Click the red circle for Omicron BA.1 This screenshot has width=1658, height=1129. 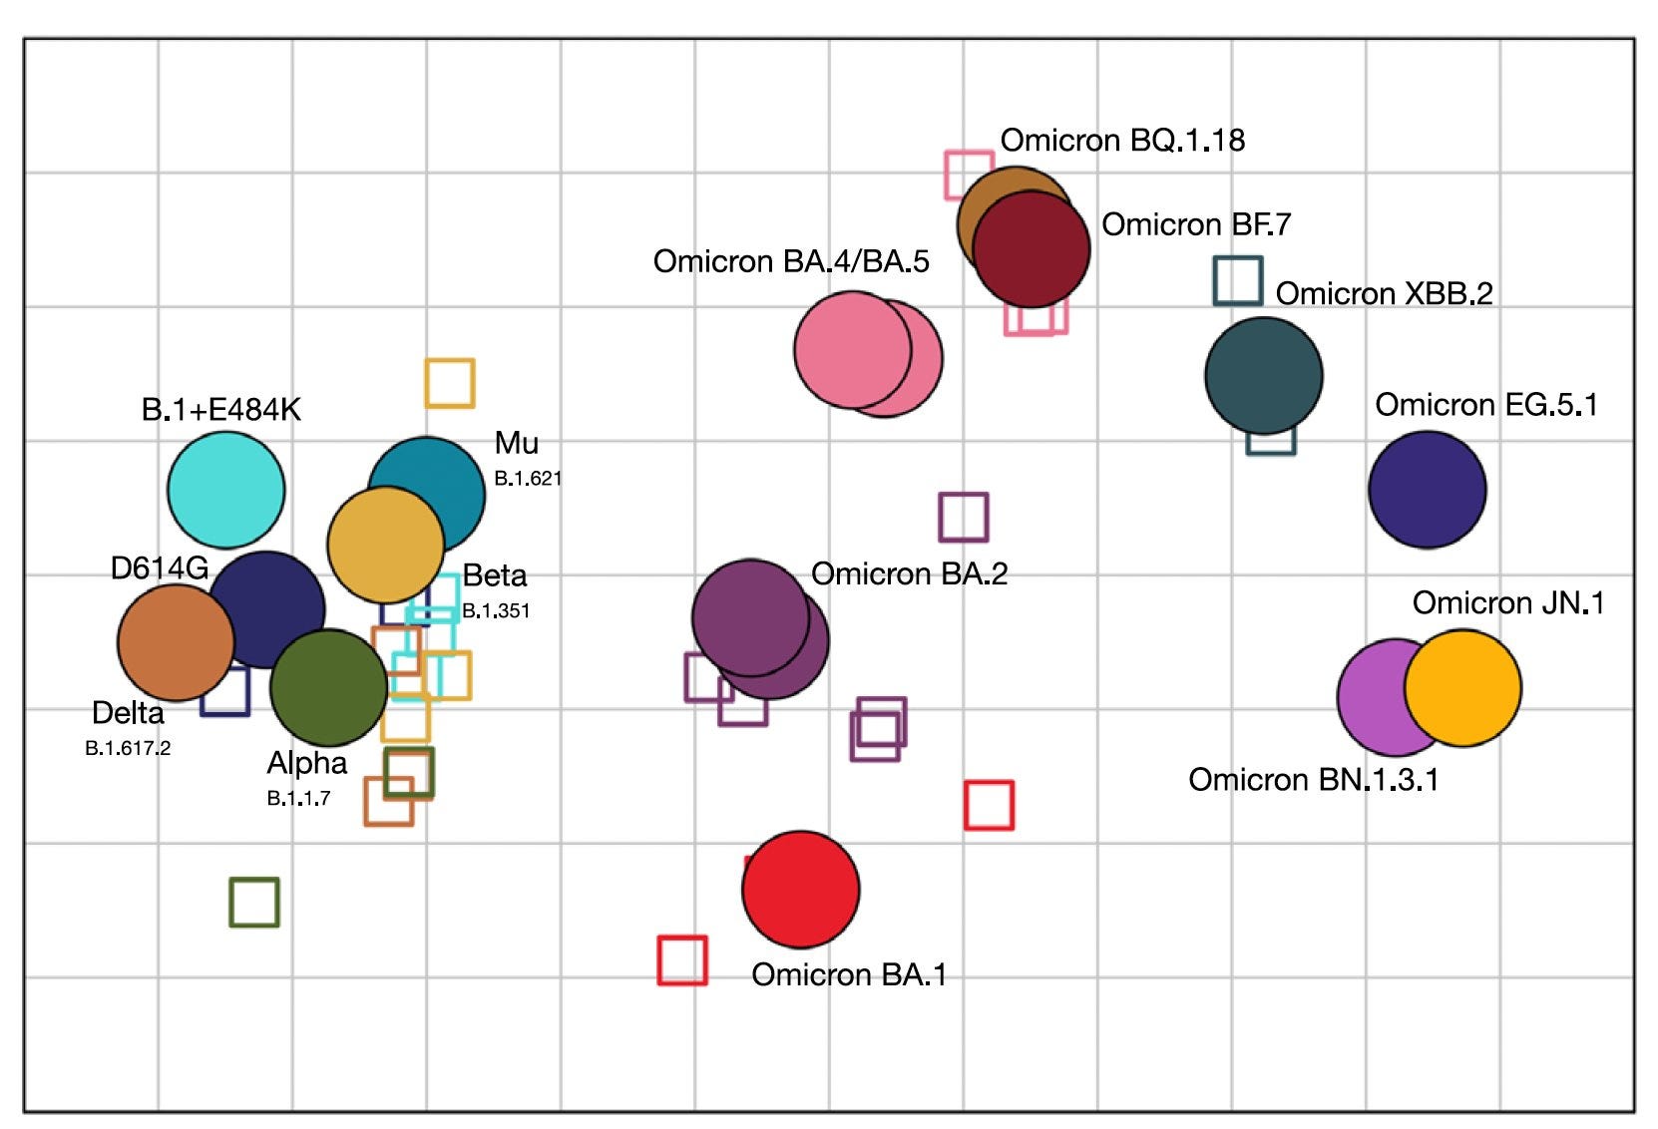click(x=800, y=889)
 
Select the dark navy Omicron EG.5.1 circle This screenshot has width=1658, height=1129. click(x=1427, y=490)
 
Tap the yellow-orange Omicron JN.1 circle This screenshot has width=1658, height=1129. click(x=1462, y=687)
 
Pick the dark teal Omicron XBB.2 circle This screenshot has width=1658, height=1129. click(x=1263, y=376)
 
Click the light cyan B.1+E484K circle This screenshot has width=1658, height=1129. click(x=225, y=490)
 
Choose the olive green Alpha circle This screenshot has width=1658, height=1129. click(x=328, y=687)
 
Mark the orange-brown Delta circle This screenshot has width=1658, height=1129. click(x=176, y=642)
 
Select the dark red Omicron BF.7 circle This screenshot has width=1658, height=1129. click(x=1032, y=248)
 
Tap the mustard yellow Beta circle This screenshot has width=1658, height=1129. click(x=385, y=545)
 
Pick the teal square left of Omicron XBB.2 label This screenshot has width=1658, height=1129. click(x=1237, y=280)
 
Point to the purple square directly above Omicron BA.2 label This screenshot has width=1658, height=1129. click(x=963, y=517)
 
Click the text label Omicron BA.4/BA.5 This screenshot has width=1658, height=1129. click(x=790, y=261)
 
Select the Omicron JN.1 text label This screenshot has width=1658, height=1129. click(x=1507, y=602)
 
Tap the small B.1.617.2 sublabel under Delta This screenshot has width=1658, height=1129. click(x=128, y=748)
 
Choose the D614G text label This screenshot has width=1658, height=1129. click(x=159, y=567)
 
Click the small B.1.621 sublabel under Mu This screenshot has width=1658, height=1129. click(x=528, y=479)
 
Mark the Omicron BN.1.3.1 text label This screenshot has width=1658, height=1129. click(x=1313, y=779)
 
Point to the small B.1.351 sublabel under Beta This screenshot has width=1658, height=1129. click(x=496, y=611)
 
